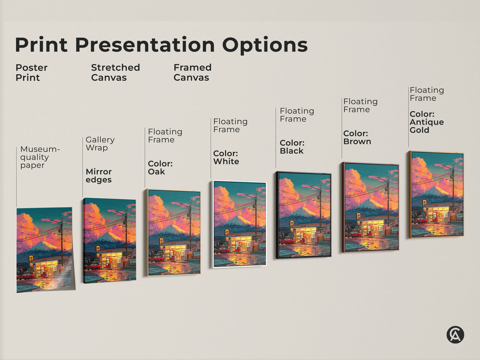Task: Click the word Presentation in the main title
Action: [145, 45]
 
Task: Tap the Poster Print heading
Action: [31, 72]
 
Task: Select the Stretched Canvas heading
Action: [115, 72]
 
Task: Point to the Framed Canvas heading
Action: [192, 72]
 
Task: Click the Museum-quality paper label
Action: [40, 157]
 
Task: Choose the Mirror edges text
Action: [99, 176]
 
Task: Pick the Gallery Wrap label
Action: [100, 144]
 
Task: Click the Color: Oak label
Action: [160, 168]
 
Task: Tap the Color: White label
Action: [226, 157]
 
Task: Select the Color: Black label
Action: [292, 147]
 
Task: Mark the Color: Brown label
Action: [357, 137]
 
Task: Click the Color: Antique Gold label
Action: [427, 122]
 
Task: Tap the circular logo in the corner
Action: [455, 334]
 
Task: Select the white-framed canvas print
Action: [240, 224]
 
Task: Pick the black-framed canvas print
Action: [304, 215]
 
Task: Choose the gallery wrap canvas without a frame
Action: [109, 240]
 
